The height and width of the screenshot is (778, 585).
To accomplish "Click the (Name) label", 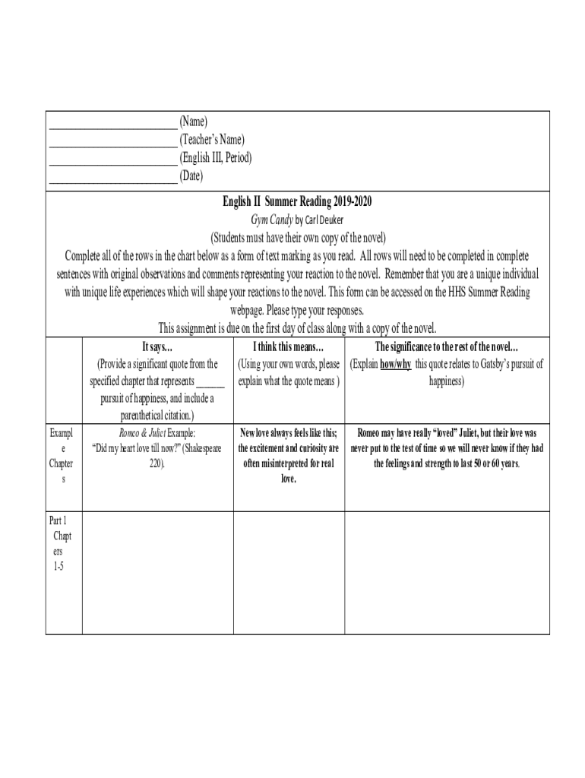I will [x=193, y=122].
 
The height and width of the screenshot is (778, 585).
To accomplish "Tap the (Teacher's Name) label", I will [x=212, y=140].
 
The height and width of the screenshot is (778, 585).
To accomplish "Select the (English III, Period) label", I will [x=215, y=158].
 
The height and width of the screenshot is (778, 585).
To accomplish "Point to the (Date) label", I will [x=191, y=176].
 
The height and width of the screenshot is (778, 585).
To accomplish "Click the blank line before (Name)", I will [x=112, y=123].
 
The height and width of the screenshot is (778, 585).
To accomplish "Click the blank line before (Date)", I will [x=112, y=178].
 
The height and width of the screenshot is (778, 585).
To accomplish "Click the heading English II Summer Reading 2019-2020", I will [x=297, y=201].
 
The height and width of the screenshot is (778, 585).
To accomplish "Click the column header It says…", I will [x=157, y=347].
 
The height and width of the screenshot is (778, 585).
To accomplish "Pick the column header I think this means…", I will [x=288, y=347].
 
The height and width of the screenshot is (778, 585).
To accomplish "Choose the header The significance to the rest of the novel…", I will [x=446, y=347].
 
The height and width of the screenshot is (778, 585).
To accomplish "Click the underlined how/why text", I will [x=396, y=364].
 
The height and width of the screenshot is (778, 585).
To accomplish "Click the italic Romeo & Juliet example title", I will [x=139, y=432].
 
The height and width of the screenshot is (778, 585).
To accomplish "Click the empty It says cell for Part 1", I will [x=157, y=572].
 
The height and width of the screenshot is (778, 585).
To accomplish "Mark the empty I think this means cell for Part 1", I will [x=288, y=572].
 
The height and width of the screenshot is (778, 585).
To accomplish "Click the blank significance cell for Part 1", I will [x=446, y=572].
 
